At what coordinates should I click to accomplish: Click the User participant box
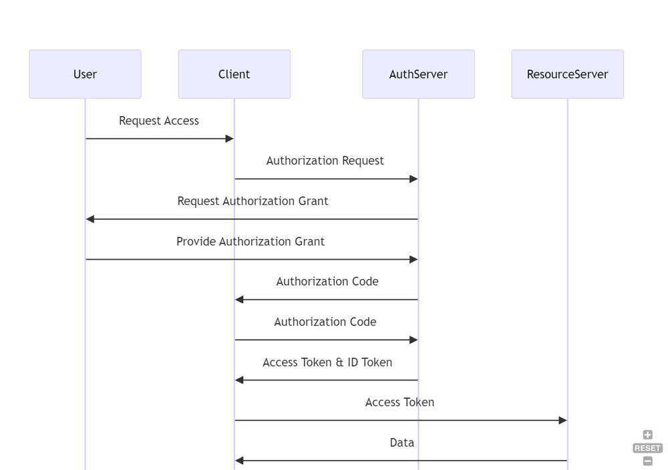[85, 74]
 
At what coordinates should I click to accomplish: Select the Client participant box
[234, 74]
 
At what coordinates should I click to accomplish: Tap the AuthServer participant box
[418, 74]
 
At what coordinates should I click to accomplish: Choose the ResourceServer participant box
[567, 74]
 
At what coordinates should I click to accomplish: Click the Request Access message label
[159, 121]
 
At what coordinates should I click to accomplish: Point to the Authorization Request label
[325, 161]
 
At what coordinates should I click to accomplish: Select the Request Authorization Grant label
[253, 201]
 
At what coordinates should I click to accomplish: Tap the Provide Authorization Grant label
[251, 242]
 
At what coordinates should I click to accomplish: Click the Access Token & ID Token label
[327, 363]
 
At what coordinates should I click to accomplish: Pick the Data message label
[402, 443]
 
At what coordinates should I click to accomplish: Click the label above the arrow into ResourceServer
[399, 403]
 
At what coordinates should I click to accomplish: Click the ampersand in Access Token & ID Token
[339, 363]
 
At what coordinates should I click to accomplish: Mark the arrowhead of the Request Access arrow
[229, 139]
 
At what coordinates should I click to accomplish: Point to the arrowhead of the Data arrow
[240, 461]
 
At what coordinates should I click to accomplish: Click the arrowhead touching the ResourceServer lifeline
[562, 421]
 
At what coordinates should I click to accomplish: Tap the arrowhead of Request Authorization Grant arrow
[91, 219]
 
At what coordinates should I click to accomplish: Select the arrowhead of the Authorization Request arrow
[413, 179]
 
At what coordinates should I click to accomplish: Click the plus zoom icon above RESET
[647, 435]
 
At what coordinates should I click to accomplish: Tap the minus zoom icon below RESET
[647, 461]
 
